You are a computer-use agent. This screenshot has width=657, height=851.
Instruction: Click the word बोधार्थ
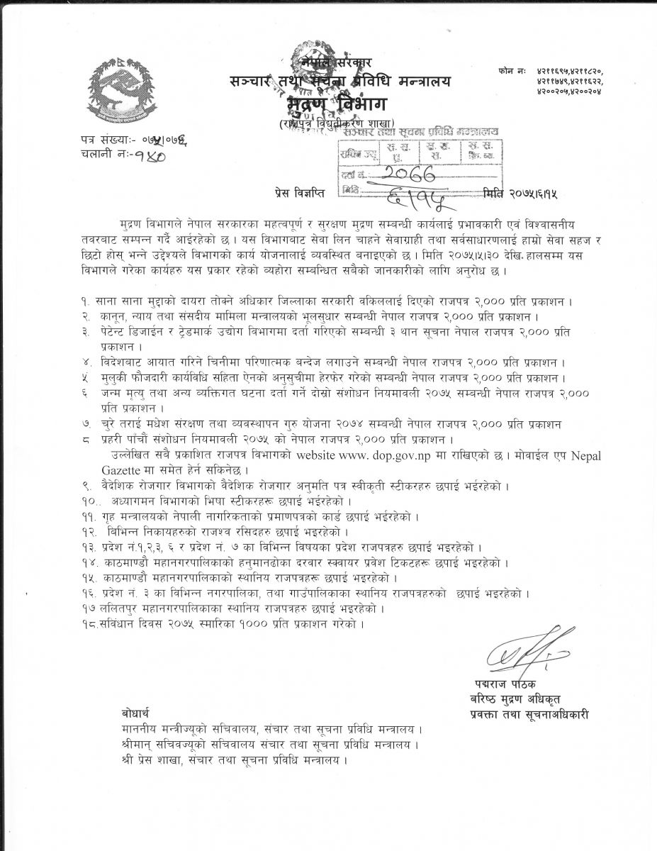(x=135, y=711)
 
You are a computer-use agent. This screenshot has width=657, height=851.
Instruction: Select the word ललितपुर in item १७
(x=116, y=608)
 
